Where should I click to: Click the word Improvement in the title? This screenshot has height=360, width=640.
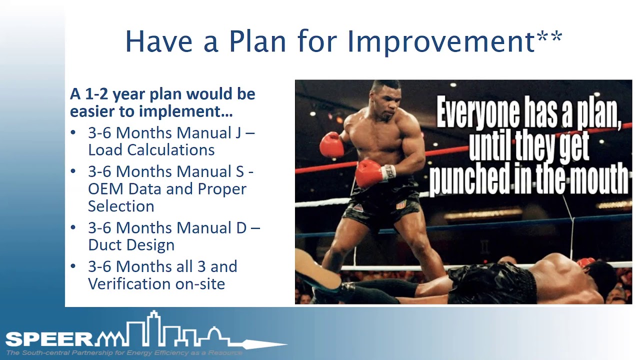441,41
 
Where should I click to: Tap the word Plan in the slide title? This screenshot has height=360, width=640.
257,41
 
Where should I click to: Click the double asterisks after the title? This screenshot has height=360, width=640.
549,37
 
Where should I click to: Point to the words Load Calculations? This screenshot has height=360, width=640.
151,149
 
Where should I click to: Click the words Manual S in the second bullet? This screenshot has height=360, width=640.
210,171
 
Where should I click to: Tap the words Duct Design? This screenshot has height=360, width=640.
131,245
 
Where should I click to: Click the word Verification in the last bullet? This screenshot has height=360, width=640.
128,283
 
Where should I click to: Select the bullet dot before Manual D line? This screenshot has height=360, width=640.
73,227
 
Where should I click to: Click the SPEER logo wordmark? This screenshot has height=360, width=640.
49,339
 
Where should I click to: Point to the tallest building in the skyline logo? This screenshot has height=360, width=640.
154,328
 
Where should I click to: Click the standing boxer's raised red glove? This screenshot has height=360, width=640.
331,144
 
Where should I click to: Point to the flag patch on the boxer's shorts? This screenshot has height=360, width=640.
401,204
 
